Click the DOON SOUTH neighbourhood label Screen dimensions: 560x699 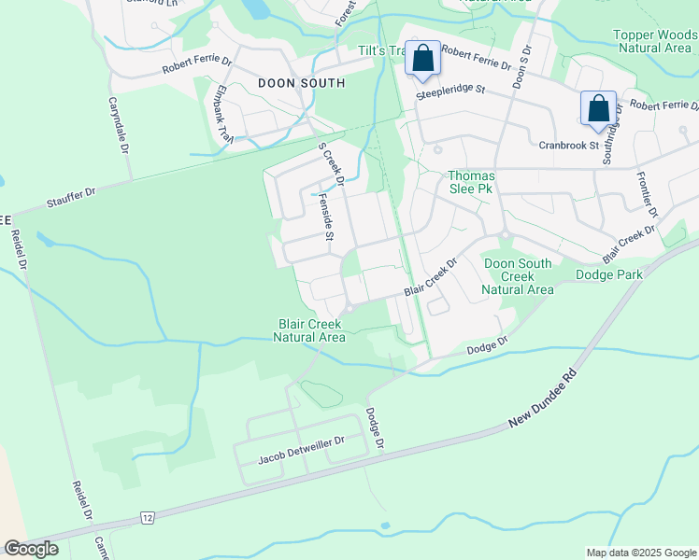pos(301,83)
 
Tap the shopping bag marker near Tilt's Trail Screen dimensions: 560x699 pos(422,59)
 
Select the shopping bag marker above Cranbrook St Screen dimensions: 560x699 pos(597,107)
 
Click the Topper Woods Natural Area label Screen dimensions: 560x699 pos(655,40)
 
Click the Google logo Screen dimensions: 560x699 pos(32,549)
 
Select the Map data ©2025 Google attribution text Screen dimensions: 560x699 pos(641,553)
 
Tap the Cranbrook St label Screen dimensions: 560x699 pos(568,145)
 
